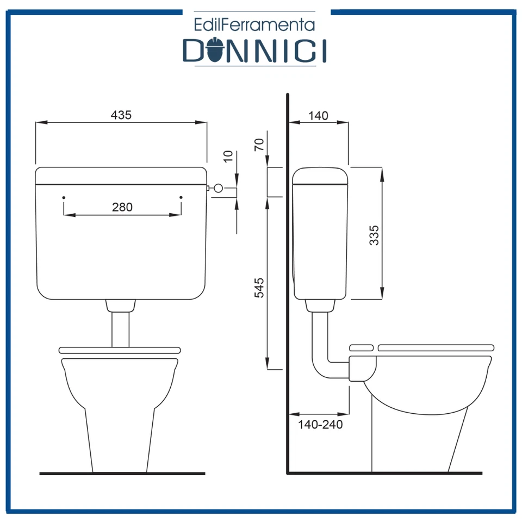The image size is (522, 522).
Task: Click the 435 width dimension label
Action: (121, 115)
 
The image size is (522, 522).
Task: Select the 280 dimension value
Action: (122, 207)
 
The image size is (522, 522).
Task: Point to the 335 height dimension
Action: (374, 235)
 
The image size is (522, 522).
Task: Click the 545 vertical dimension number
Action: (259, 287)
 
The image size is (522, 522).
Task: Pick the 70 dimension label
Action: (259, 144)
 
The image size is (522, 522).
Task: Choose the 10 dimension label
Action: (228, 156)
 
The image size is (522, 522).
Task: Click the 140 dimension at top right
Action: (318, 115)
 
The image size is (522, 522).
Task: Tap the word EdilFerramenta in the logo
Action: (255, 24)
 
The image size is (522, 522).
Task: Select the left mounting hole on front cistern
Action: (64, 196)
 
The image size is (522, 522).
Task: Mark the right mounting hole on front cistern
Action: (181, 196)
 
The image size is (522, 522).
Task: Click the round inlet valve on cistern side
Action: (217, 188)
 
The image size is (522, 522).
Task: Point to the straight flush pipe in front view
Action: (120, 329)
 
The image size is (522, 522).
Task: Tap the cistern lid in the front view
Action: (121, 176)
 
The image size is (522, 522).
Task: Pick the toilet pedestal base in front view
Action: (120, 440)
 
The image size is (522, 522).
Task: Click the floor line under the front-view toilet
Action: (122, 474)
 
